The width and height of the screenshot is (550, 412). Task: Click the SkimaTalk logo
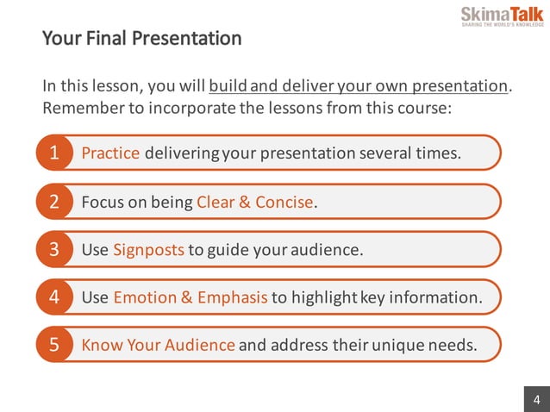pyautogui.click(x=503, y=16)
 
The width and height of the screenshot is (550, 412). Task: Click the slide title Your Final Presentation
pyautogui.click(x=141, y=39)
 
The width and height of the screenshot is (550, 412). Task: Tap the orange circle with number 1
pyautogui.click(x=53, y=153)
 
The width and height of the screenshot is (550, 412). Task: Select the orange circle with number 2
pyautogui.click(x=53, y=203)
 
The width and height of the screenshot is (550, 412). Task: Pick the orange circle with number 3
pyautogui.click(x=53, y=250)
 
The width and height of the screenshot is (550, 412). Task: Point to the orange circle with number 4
pyautogui.click(x=53, y=297)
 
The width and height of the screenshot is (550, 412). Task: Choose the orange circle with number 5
pyautogui.click(x=53, y=346)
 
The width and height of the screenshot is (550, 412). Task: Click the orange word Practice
pyautogui.click(x=110, y=153)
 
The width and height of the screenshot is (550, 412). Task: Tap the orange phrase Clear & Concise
pyautogui.click(x=255, y=203)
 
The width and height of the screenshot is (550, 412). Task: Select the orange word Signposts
pyautogui.click(x=148, y=250)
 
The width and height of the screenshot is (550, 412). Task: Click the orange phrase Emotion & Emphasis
pyautogui.click(x=191, y=297)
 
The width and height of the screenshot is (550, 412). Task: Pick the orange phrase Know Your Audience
pyautogui.click(x=158, y=346)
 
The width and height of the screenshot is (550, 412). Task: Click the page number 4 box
pyautogui.click(x=536, y=399)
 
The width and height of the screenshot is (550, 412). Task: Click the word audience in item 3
pyautogui.click(x=329, y=250)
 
